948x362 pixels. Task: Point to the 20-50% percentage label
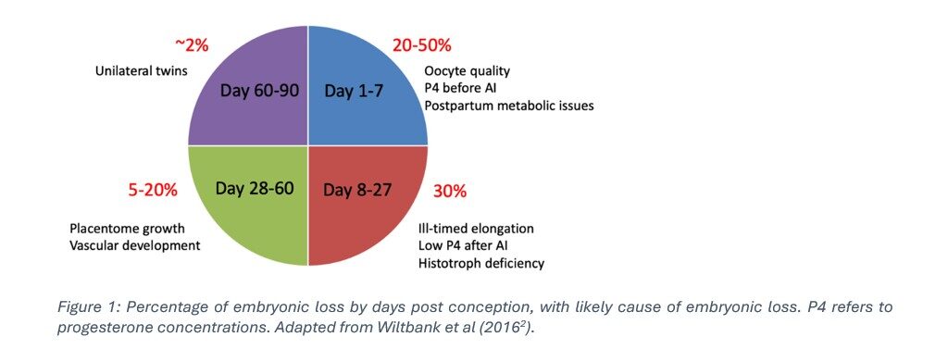423,44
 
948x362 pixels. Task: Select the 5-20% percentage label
153,191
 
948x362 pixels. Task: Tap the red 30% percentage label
449,191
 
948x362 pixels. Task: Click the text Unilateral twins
141,70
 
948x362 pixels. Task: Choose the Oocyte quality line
467,71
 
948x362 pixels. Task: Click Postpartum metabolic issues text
509,106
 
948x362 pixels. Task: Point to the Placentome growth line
128,229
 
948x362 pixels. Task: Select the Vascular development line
135,245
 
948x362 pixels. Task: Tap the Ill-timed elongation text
476,228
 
